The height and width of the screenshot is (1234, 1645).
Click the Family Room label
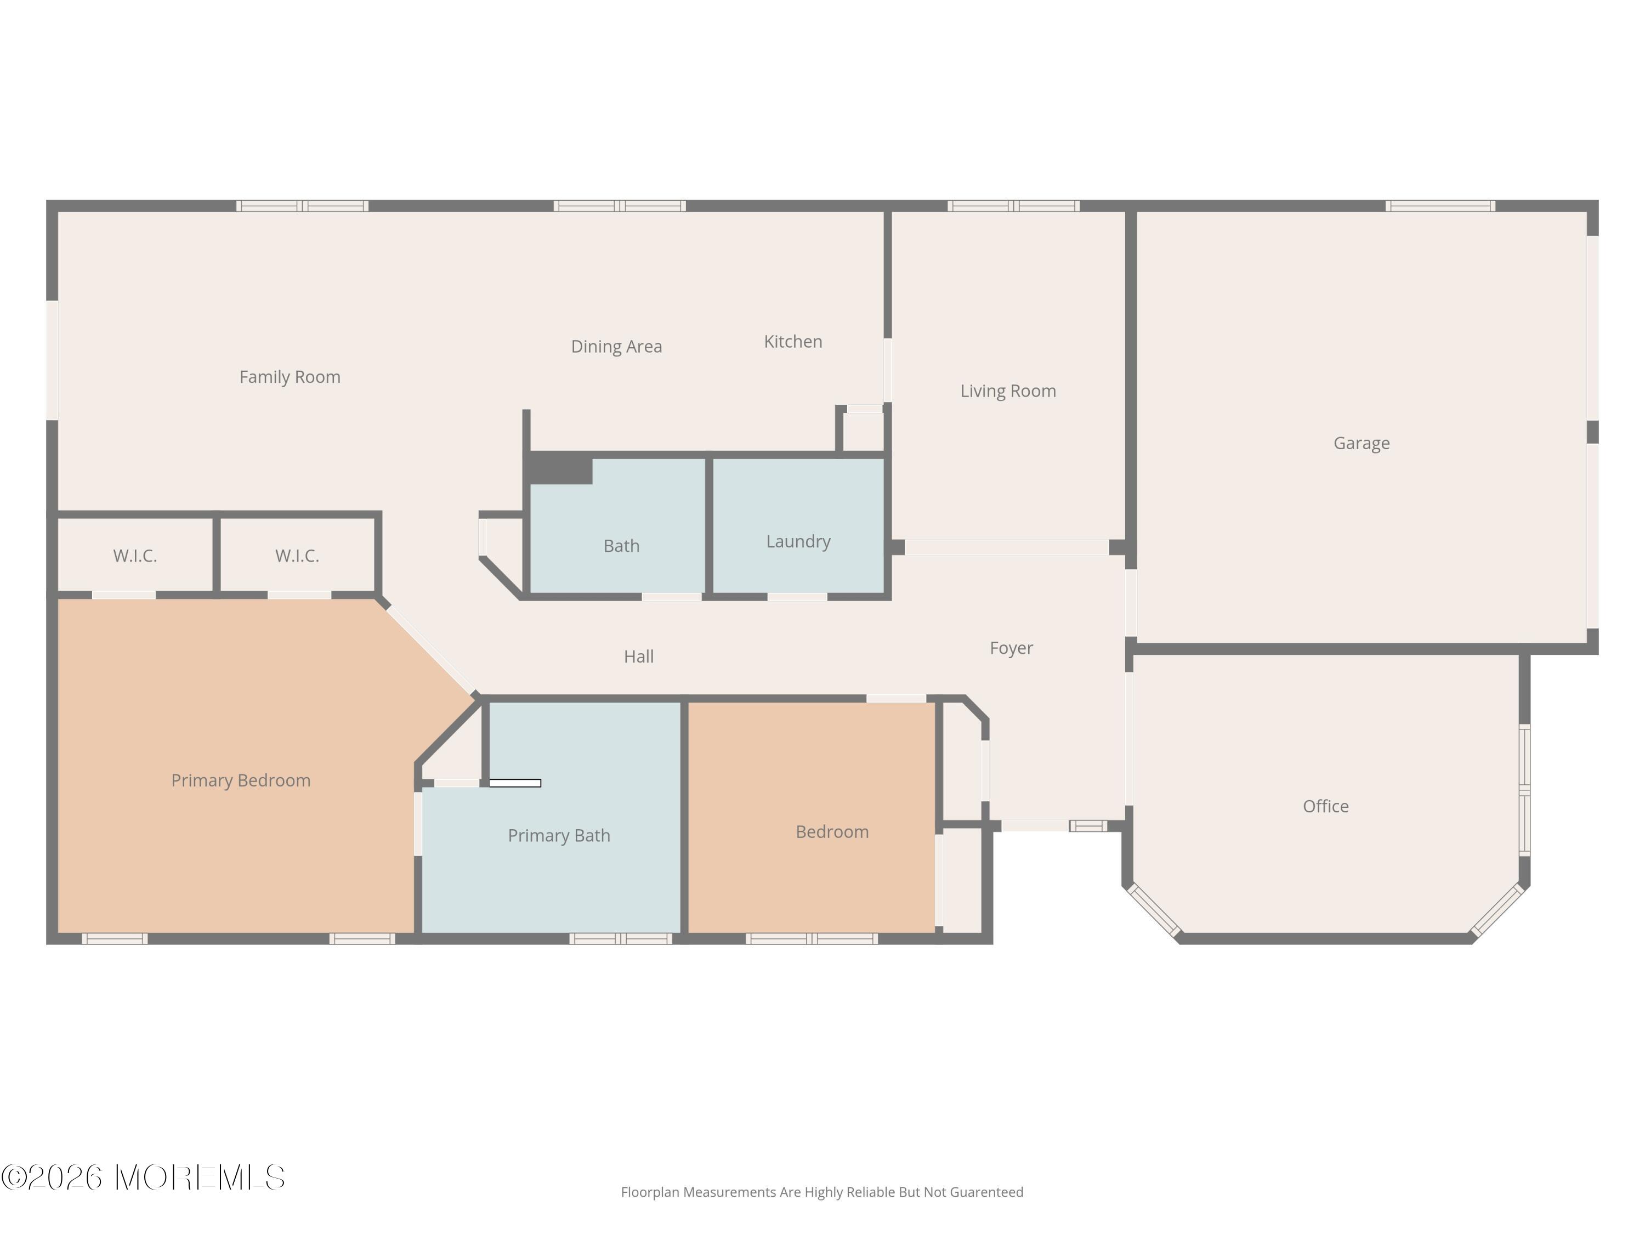tap(290, 377)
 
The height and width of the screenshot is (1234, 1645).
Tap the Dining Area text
tap(616, 347)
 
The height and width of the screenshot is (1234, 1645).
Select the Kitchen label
tap(793, 342)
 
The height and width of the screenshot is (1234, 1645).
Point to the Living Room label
tap(1008, 391)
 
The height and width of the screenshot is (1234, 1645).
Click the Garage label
tap(1362, 443)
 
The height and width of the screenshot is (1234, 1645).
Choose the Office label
tap(1325, 806)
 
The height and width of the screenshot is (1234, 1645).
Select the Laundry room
tap(798, 526)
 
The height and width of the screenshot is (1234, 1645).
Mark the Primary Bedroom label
tap(241, 780)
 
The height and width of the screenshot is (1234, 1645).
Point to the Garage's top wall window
tap(1440, 206)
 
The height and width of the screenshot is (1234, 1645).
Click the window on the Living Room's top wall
tap(1013, 206)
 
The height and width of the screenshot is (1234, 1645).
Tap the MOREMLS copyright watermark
tap(143, 1178)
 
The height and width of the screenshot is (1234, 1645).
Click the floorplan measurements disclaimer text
tap(822, 1192)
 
